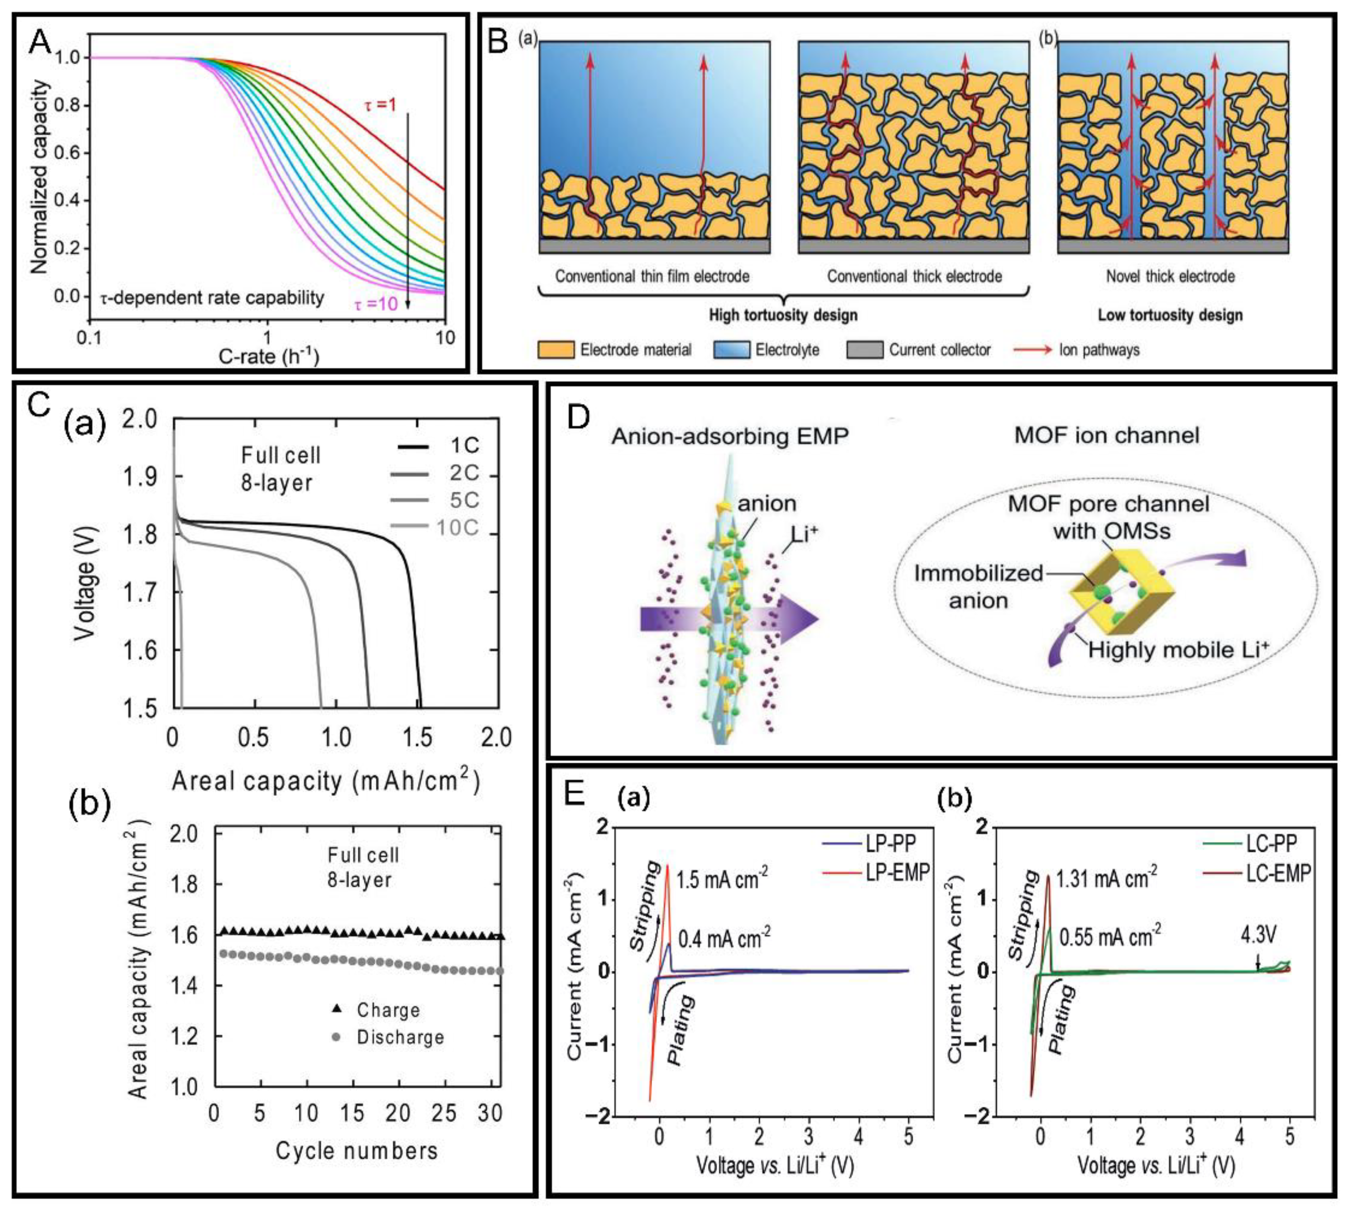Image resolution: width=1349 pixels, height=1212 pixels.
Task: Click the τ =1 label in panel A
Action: click(380, 105)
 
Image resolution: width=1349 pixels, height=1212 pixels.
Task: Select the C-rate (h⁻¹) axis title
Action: click(268, 356)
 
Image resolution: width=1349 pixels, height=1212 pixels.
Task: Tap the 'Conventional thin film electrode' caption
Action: click(652, 276)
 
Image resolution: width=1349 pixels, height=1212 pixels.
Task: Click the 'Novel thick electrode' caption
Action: click(1170, 276)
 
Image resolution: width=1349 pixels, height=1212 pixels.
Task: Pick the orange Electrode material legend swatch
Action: click(555, 350)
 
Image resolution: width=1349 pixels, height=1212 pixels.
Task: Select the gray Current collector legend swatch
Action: click(864, 350)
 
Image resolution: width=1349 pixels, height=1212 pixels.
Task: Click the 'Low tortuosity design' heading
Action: click(1170, 314)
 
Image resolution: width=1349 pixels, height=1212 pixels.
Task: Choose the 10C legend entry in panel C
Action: click(457, 528)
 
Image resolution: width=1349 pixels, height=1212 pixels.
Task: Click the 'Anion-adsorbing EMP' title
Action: click(730, 436)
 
